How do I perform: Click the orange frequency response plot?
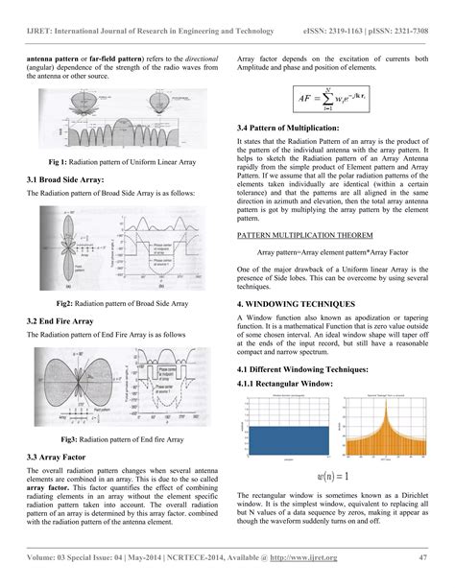(x=392, y=428)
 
